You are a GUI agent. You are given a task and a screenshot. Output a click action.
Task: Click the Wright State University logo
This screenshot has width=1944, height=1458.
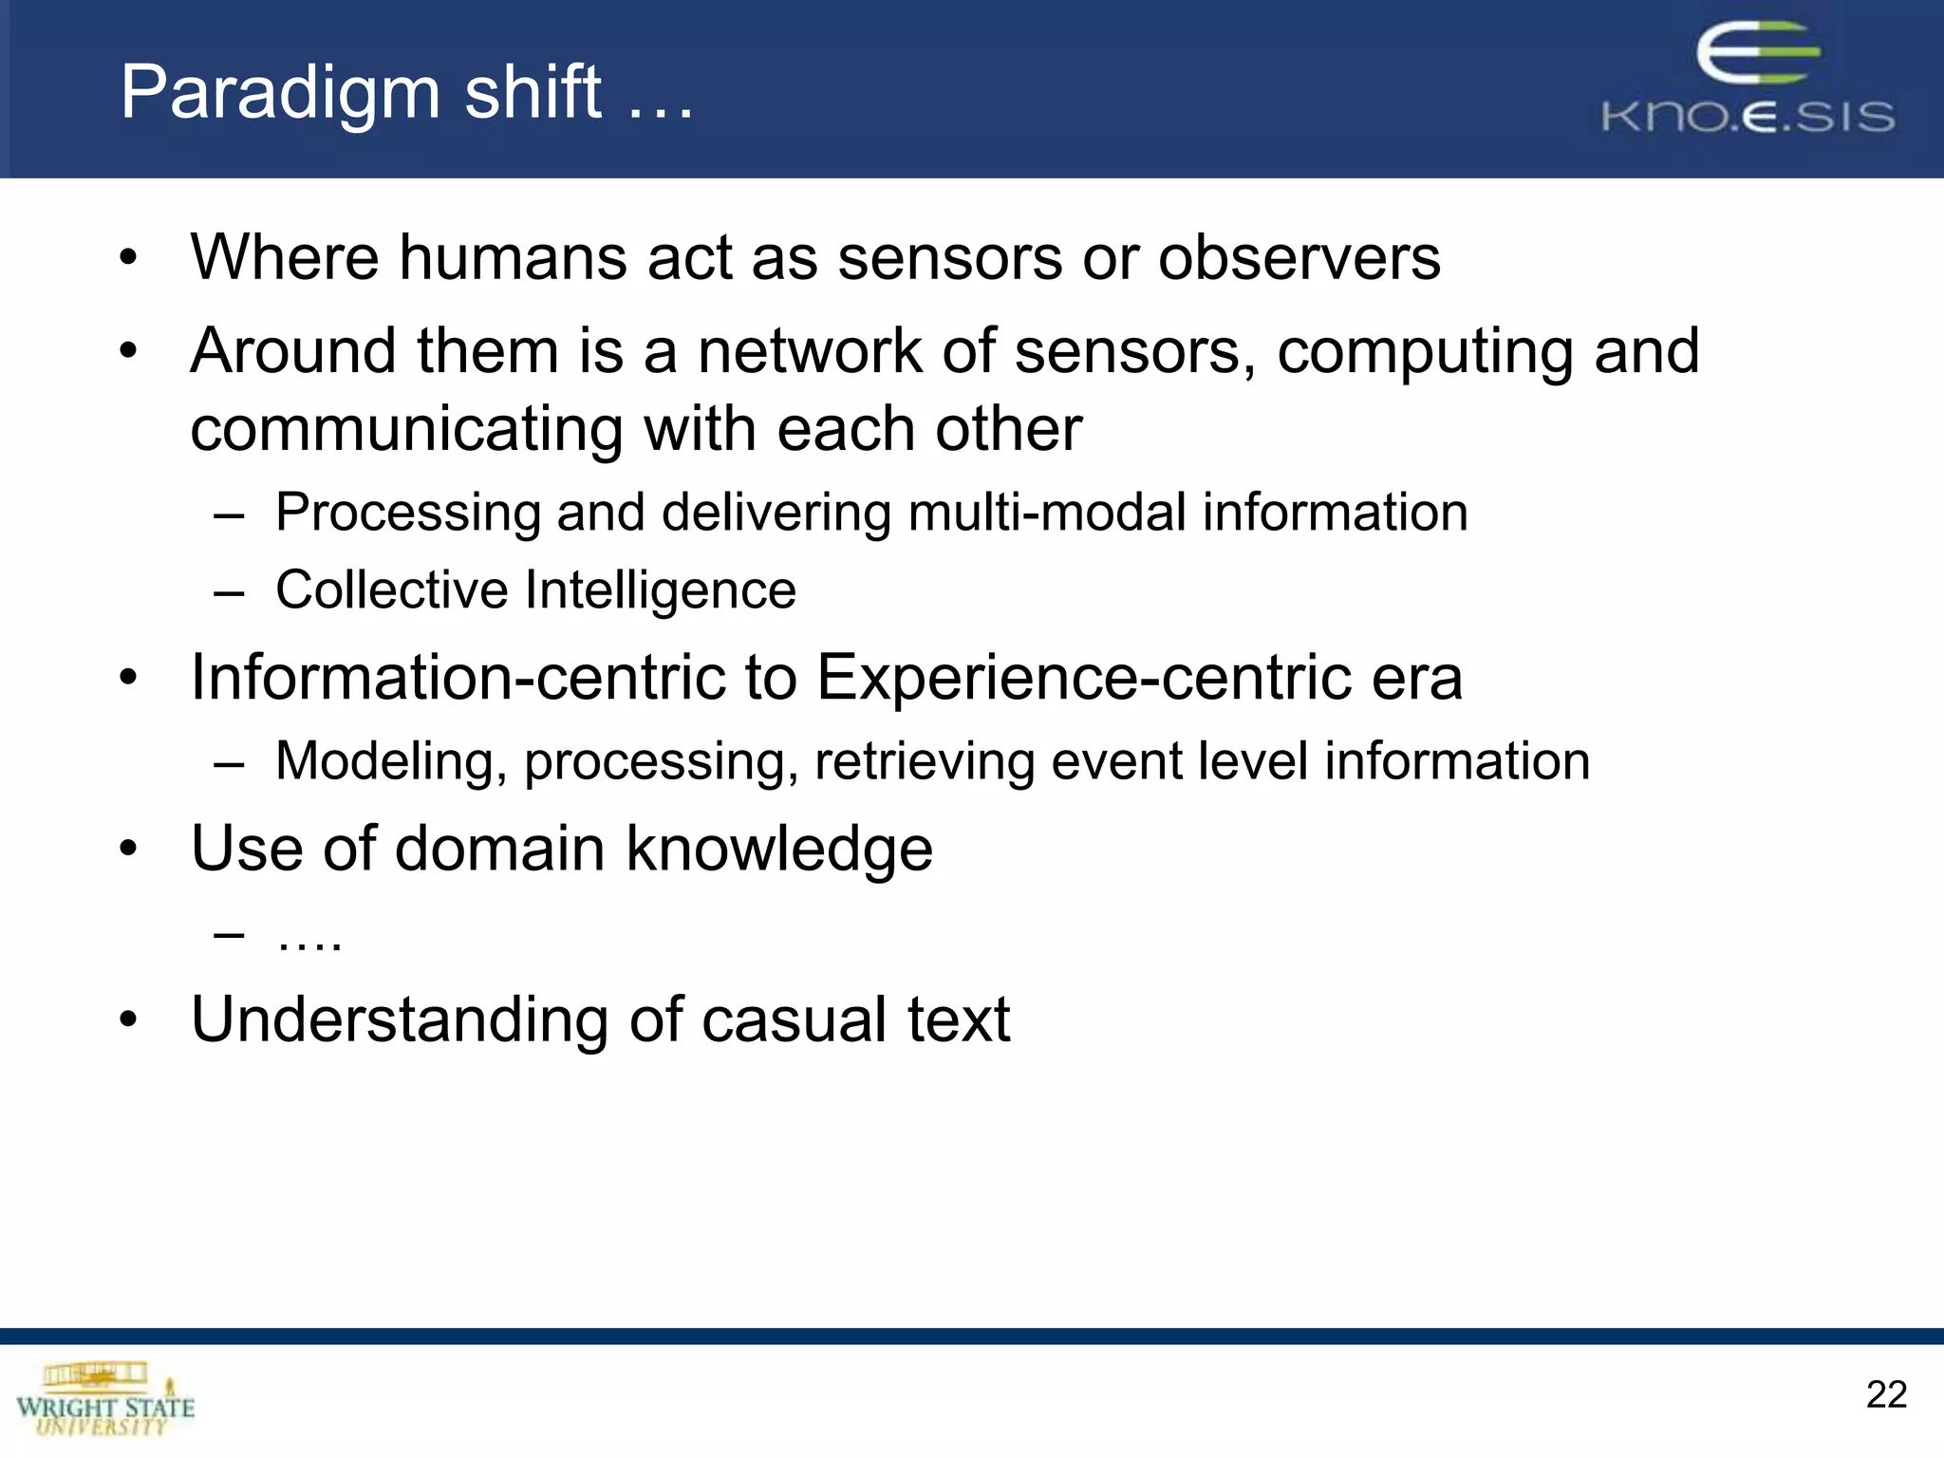point(104,1399)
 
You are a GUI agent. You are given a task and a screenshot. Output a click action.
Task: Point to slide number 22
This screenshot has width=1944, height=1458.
point(1885,1394)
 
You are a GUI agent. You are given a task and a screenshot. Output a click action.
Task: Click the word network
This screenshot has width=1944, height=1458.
point(809,351)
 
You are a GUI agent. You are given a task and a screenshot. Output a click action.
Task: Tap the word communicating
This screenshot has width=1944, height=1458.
point(406,429)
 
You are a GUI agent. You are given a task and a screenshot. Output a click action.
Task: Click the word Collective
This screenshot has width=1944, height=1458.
point(391,589)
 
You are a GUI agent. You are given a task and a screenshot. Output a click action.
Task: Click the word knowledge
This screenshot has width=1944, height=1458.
point(778,850)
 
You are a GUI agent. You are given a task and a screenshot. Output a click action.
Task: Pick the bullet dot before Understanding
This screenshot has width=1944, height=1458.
point(129,1020)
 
